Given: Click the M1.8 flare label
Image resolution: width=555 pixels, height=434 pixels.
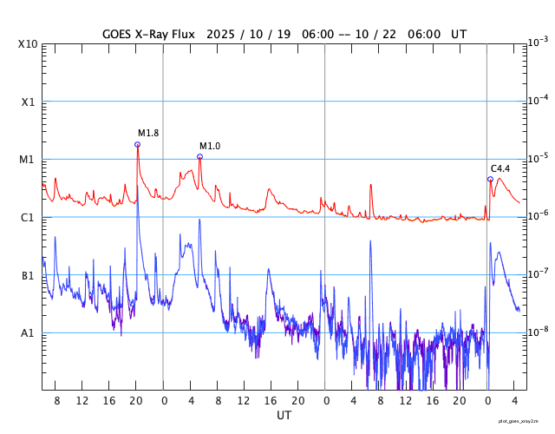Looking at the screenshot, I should tap(148, 133).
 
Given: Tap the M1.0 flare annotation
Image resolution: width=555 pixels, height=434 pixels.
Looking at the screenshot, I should tap(210, 146).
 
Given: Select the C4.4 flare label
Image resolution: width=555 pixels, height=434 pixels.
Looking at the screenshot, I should tap(500, 168).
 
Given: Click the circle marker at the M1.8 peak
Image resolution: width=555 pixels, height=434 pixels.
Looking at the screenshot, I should tap(137, 144).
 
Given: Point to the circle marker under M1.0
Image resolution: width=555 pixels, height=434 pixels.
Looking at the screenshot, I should tap(199, 156).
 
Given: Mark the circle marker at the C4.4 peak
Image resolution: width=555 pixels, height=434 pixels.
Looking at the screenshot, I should tap(490, 179).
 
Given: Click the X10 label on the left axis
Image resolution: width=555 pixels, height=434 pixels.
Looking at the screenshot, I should tap(28, 44).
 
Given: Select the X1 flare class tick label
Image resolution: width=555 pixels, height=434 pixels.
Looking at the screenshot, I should tap(28, 102).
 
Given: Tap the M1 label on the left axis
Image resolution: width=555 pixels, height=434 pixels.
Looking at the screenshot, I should tap(28, 160).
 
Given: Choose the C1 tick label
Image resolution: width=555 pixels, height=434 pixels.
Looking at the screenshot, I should tap(28, 218).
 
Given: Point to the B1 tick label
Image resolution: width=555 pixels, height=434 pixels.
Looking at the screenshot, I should tap(28, 275).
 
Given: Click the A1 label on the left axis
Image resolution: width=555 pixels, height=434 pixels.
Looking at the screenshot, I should tap(28, 333).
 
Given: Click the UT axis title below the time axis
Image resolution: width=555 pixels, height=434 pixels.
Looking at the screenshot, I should tap(284, 416).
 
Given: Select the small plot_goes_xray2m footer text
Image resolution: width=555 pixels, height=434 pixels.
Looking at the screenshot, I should tap(524, 421).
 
